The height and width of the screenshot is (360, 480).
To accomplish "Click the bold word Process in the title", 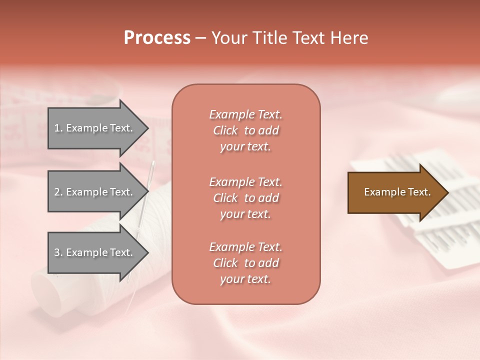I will click(157, 38).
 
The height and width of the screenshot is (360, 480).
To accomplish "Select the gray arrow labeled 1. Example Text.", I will click(95, 128).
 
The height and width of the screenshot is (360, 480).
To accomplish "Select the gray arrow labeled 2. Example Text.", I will click(95, 192).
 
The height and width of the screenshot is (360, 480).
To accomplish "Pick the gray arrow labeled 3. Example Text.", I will click(95, 252).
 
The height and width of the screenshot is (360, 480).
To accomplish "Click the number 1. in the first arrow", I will click(58, 128).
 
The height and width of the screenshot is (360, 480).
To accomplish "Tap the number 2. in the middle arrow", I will click(58, 192).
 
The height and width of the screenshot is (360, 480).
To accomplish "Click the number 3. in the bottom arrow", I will click(58, 252).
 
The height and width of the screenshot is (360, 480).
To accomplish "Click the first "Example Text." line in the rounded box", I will click(245, 114).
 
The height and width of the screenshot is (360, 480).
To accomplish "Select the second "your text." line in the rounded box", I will click(245, 214).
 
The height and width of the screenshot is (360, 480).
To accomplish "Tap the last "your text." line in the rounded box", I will click(245, 279).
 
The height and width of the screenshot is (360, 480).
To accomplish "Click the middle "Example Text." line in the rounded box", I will click(245, 181).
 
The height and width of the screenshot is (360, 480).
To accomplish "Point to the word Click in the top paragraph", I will click(225, 130).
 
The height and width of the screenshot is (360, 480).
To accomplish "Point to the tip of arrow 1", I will click(147, 128).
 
